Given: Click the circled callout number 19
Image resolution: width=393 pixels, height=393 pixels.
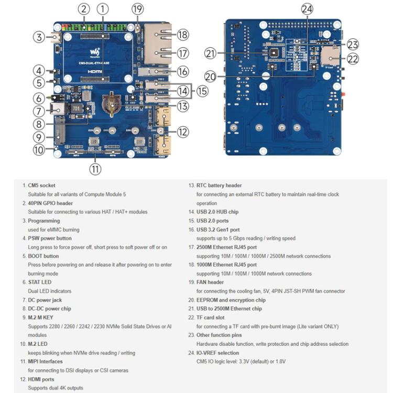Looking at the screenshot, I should click(137, 9).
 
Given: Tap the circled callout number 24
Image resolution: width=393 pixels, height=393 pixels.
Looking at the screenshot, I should click(307, 9).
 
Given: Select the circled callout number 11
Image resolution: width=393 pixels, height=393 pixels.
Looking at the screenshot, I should click(95, 169).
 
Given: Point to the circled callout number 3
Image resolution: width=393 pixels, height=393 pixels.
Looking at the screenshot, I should click(39, 37).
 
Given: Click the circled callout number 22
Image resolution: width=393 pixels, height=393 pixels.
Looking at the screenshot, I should click(353, 59).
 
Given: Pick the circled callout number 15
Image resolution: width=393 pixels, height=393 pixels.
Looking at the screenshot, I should click(202, 91).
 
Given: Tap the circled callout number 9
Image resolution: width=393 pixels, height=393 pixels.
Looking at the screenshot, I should click(39, 137).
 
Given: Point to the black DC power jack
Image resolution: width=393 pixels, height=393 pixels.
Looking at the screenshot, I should click(56, 110).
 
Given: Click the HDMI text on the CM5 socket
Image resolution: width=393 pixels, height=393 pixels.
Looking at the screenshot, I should click(95, 70).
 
